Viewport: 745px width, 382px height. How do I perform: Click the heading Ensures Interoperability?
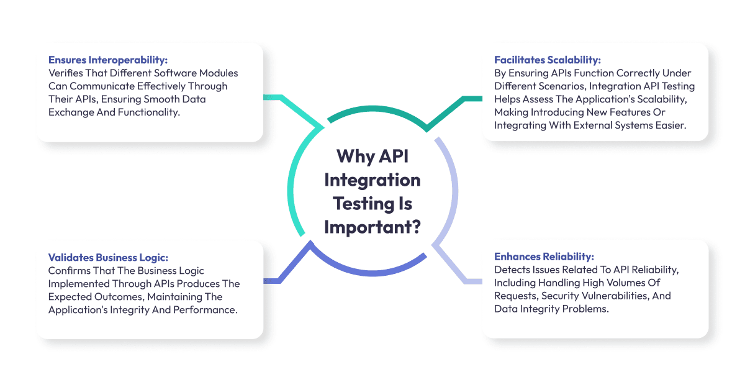(x=108, y=60)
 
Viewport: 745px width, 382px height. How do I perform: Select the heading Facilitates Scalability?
(x=547, y=60)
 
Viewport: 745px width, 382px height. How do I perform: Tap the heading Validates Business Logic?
(x=109, y=257)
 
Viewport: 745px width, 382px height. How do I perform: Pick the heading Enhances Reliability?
(x=544, y=257)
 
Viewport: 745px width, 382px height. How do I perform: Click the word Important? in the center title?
(x=372, y=226)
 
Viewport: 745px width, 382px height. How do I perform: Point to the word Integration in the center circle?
(x=372, y=180)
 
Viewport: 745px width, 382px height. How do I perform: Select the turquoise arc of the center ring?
(x=292, y=180)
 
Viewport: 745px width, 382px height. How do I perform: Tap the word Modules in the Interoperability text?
(x=217, y=73)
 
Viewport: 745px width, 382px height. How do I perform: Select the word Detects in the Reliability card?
(x=511, y=270)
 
